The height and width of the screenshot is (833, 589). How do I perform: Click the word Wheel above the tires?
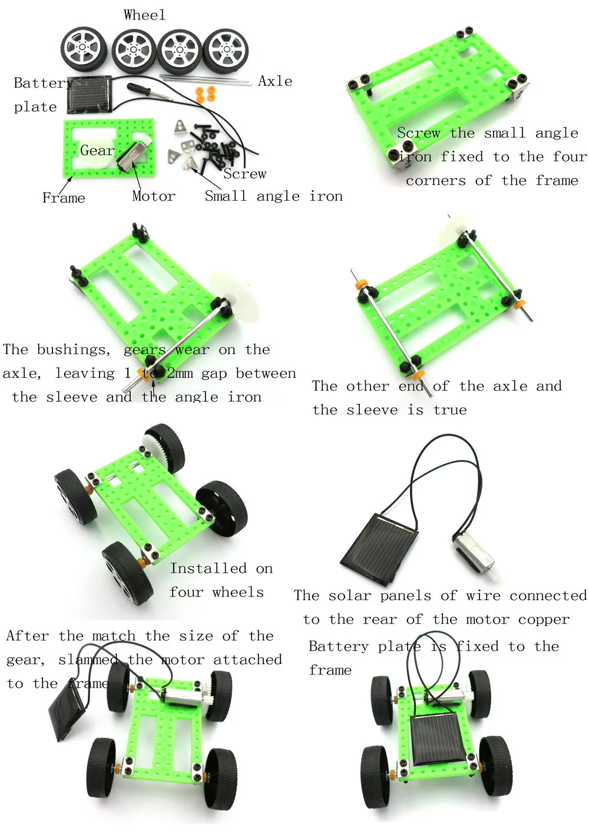[x=144, y=15]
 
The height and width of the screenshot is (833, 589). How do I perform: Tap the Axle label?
[x=275, y=81]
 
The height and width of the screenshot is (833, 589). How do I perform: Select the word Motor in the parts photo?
[x=154, y=196]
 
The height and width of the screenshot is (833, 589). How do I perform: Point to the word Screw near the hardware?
[x=245, y=174]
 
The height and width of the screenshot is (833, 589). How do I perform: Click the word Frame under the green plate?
[x=64, y=197]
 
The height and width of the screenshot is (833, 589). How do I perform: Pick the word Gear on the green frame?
[x=97, y=151]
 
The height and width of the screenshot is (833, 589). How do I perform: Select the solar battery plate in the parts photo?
[x=90, y=95]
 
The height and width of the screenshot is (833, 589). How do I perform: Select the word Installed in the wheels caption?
[x=209, y=569]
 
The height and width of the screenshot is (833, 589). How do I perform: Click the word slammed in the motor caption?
[x=88, y=660]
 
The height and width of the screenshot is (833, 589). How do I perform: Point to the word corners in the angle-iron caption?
[x=436, y=181]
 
